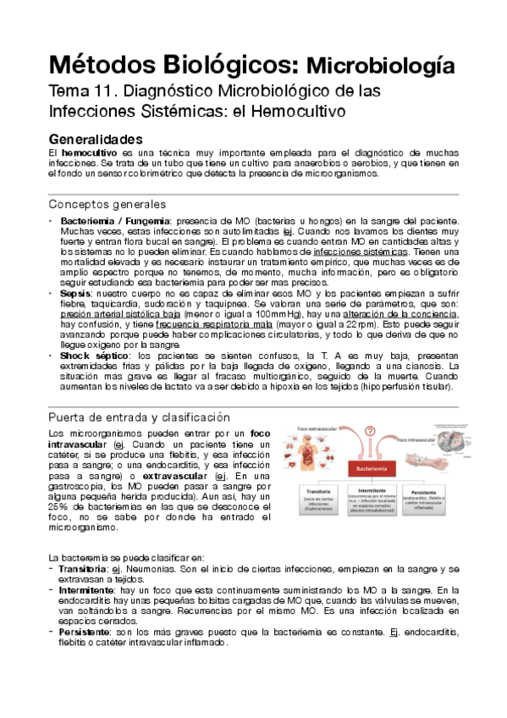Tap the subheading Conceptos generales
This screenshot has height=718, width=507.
coord(107,204)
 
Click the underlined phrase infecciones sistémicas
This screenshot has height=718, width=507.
coord(361,251)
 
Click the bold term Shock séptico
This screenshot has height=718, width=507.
coord(95,358)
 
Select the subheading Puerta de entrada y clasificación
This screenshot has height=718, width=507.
coord(139,417)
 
